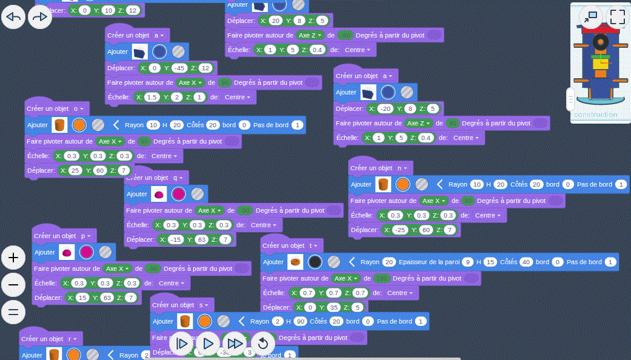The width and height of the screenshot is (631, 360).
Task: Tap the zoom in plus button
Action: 13,258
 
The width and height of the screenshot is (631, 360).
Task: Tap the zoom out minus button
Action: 13,285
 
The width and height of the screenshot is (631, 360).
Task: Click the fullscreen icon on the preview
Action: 617,16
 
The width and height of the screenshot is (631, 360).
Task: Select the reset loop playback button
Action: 263,344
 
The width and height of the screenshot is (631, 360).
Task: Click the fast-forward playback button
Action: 235,344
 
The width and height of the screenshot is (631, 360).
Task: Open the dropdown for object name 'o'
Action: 79,108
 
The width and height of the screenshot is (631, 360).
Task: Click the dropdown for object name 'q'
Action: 179,178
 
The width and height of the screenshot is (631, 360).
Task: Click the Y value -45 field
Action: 178,68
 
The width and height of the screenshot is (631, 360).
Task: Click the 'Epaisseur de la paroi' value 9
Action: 467,262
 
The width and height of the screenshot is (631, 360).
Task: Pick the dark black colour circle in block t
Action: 315,262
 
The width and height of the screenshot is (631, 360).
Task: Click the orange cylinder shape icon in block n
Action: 382,184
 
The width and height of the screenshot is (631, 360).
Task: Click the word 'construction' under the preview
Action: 595,115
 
